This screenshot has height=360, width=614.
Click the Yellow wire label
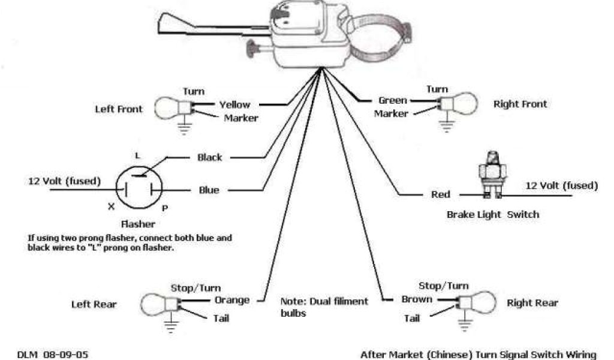pos(234,104)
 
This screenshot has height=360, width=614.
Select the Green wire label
pos(392,100)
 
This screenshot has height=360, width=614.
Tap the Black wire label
pos(210,157)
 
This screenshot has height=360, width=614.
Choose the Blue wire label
pos(209,190)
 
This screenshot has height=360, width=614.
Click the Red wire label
pos(441,194)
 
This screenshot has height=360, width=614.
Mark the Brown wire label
pos(416,299)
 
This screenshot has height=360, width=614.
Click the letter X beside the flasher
pos(110,206)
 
